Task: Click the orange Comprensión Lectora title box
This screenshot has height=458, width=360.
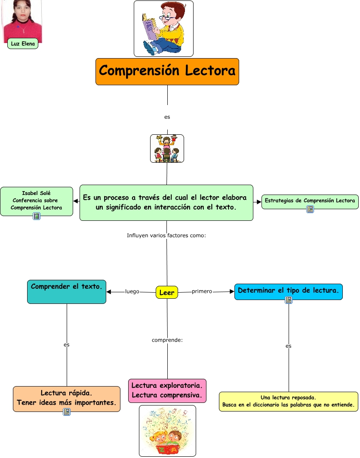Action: click(x=167, y=71)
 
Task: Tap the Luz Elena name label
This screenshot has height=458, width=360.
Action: click(x=23, y=43)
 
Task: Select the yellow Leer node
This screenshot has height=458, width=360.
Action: click(x=167, y=293)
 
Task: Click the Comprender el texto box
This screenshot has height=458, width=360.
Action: click(x=67, y=291)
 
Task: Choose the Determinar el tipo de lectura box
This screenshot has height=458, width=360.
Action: click(x=288, y=291)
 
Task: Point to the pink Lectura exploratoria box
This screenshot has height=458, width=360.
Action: click(x=167, y=390)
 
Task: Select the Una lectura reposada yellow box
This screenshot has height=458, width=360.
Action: click(x=288, y=401)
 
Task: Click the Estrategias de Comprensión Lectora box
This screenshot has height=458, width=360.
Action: click(x=310, y=201)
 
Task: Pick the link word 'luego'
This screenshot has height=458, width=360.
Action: click(x=132, y=291)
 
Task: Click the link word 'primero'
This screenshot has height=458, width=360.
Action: click(x=202, y=291)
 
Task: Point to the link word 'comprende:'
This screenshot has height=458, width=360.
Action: click(x=167, y=340)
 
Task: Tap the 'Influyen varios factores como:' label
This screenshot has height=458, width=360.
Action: click(x=166, y=235)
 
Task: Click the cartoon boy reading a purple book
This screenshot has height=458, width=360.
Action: click(x=163, y=29)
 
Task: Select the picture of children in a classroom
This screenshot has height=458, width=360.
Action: click(x=167, y=149)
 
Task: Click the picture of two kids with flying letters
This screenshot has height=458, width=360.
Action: click(x=167, y=430)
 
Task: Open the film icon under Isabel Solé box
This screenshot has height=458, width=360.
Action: click(x=37, y=216)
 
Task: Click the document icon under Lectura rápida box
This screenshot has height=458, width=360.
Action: click(x=67, y=412)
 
